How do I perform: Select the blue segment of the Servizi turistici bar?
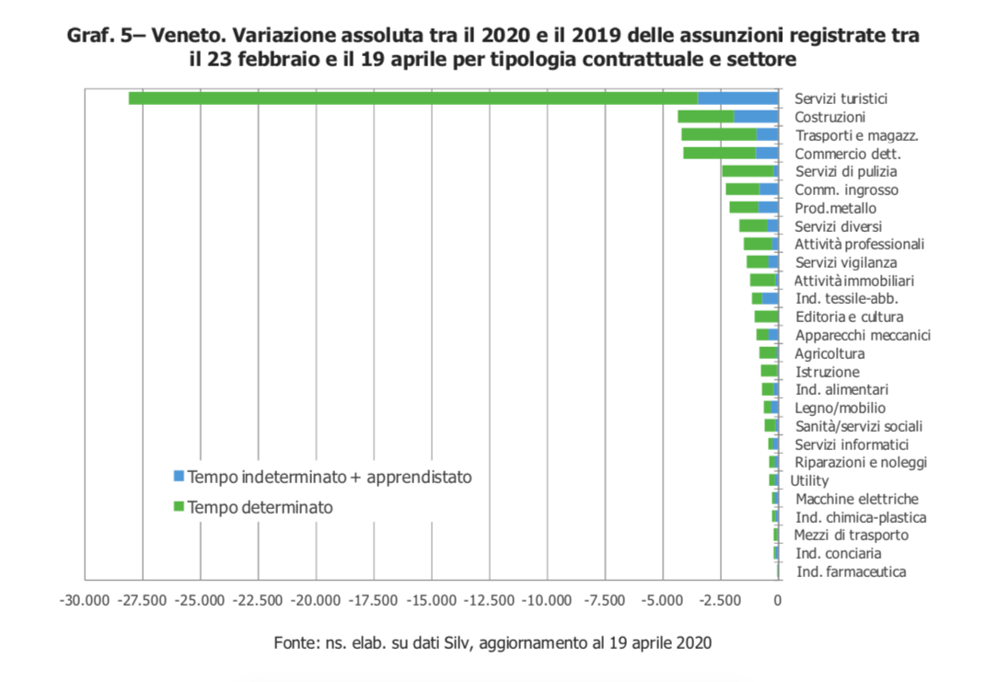coord(737,98)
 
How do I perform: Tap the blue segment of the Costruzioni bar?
coord(756,117)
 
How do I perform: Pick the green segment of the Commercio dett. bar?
coord(719,154)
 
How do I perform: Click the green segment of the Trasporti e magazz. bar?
coord(718,135)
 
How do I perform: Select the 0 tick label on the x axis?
coord(778,601)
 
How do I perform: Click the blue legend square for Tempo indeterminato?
coord(179,477)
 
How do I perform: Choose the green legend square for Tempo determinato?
coord(179,506)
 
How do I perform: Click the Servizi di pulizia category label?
coord(845,171)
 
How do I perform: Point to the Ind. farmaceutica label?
coord(851,572)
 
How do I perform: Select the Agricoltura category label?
coord(829,353)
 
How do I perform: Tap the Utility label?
coord(809,480)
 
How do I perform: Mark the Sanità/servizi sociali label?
coord(859,426)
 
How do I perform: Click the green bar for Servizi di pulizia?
coord(748,171)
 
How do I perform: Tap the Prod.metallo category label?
coord(836,208)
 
